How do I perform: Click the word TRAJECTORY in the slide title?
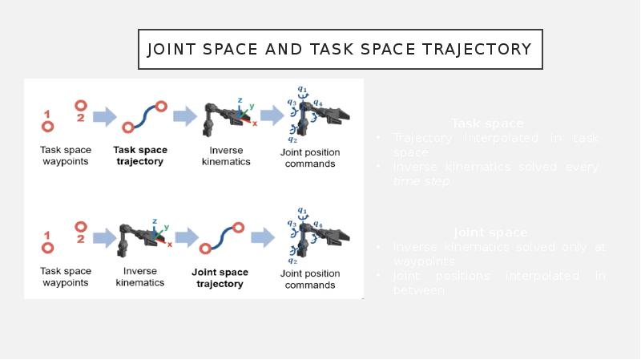pos(482,50)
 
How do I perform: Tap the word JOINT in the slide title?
pos(173,50)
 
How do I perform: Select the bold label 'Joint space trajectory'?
pos(220,277)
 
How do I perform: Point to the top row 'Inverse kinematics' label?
pos(224,156)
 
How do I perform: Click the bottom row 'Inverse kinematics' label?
pos(140,277)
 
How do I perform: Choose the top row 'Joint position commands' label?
pos(310,158)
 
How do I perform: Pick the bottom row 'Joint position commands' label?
pos(310,279)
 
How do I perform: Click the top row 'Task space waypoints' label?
pos(66,156)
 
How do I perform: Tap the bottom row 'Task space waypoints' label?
pos(66,277)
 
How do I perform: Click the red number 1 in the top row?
pos(47,112)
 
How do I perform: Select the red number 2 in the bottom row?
pos(81,239)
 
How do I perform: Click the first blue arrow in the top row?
pos(104,118)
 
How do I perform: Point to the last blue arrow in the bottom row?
pos(263,237)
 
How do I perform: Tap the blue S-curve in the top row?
pos(144,115)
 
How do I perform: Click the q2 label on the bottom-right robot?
pos(292,261)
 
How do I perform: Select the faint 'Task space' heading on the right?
pos(487,123)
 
